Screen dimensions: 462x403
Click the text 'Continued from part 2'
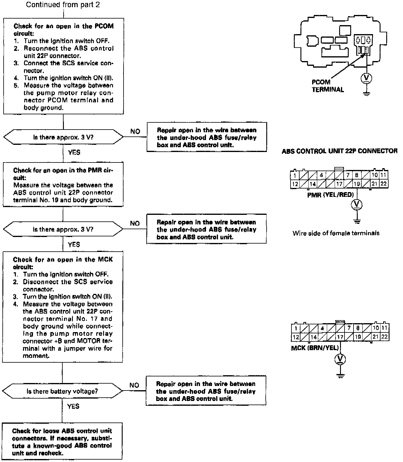[x=63, y=5]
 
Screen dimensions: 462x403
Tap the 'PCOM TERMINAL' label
[x=327, y=86]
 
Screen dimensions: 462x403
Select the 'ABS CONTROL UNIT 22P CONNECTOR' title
[x=339, y=151]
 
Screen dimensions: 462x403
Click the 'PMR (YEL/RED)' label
[x=330, y=195]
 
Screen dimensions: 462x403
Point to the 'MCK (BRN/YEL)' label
[x=315, y=348]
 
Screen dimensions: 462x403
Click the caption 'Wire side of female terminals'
[x=336, y=233]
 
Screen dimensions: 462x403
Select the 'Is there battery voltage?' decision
[x=62, y=391]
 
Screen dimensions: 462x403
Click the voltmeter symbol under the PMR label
[x=357, y=205]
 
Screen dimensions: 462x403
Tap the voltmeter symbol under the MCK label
[x=340, y=359]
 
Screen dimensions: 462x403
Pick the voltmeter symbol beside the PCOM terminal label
[x=366, y=78]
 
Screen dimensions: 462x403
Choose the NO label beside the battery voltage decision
[x=134, y=385]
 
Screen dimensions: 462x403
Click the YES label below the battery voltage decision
[x=73, y=406]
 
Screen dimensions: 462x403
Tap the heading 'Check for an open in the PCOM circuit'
[x=64, y=30]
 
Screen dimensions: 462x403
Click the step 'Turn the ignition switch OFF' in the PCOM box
[x=66, y=41]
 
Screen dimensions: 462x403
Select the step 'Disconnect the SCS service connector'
[x=67, y=285]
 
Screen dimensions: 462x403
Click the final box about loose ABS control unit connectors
[x=62, y=442]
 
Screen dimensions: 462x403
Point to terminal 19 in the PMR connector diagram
[x=357, y=184]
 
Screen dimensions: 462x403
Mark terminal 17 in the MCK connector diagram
[x=340, y=337]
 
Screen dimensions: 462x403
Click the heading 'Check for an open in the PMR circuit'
[x=63, y=174]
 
